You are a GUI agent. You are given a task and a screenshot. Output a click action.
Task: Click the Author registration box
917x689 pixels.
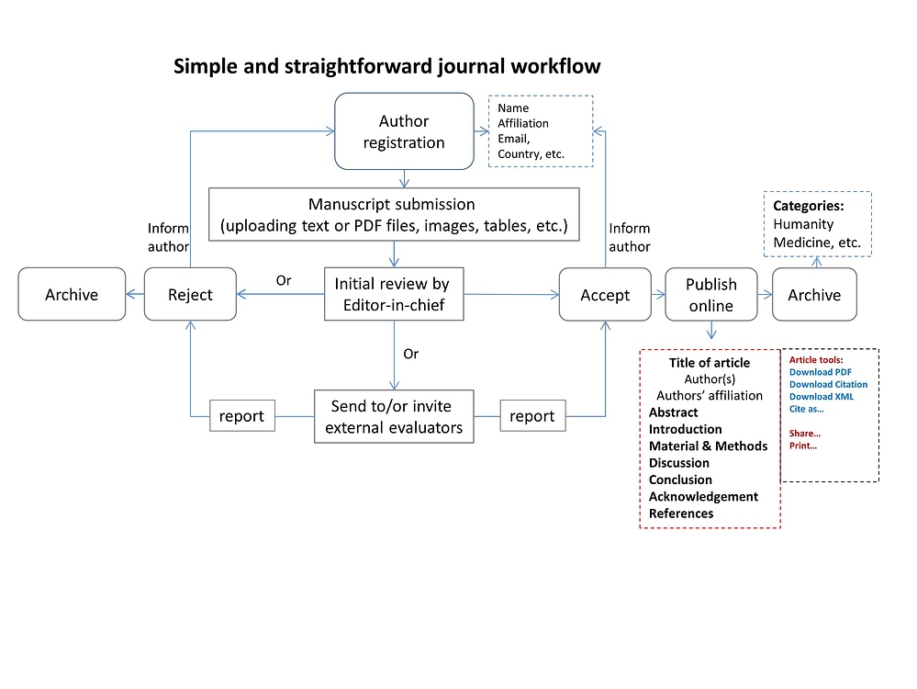tap(404, 131)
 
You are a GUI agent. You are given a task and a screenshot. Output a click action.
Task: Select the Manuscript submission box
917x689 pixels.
tap(393, 214)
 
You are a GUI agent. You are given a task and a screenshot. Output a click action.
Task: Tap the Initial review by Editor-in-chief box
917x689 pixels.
tap(393, 294)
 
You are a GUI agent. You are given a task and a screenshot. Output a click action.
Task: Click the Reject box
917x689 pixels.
tap(190, 294)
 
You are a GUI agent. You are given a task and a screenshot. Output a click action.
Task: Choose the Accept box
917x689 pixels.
tap(605, 294)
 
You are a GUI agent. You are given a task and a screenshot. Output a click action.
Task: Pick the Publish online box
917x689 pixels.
tap(711, 294)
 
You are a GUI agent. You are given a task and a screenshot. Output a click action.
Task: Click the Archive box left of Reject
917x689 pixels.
tap(72, 294)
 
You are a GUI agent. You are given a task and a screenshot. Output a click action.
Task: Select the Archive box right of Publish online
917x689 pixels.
tap(814, 294)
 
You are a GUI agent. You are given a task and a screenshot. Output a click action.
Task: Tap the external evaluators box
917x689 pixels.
tap(393, 416)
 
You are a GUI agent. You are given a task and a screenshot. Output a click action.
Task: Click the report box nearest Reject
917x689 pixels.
tap(241, 415)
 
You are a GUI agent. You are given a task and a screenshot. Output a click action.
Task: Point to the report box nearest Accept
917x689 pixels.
tap(532, 415)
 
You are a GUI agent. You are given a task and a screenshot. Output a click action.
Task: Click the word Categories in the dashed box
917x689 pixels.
tap(808, 207)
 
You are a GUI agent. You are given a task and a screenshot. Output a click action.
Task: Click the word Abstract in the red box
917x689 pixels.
tap(674, 412)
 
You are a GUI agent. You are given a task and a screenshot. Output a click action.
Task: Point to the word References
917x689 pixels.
tap(681, 514)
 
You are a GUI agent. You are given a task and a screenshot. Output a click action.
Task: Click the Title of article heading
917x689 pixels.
tap(710, 363)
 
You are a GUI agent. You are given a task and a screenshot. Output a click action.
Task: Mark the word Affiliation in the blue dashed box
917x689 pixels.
tap(523, 123)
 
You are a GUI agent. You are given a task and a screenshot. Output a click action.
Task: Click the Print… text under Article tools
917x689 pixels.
tap(803, 446)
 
